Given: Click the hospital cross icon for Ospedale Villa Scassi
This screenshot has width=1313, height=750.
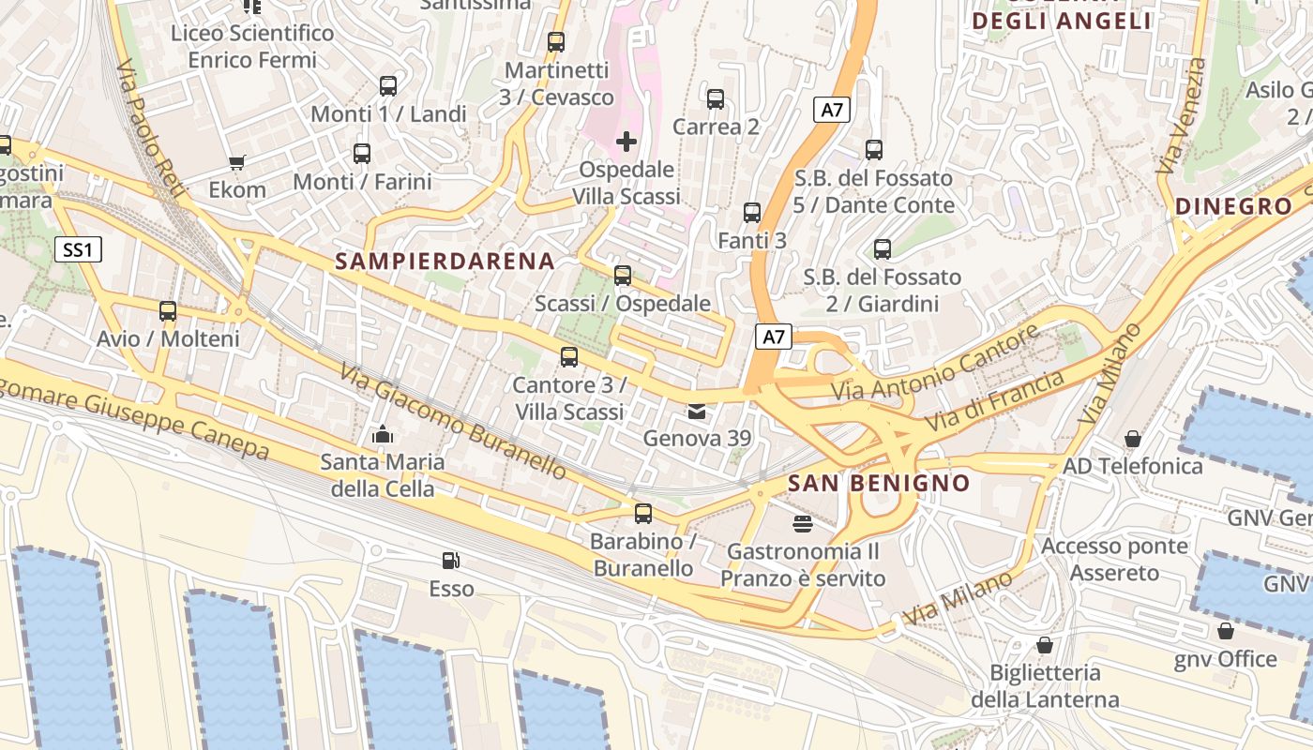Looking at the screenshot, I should pos(626,142).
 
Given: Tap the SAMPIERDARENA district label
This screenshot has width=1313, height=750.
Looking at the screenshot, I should pos(445,262).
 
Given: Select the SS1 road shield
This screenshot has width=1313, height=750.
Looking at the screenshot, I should pos(77,249).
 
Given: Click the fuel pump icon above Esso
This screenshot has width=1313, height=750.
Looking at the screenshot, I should pos(451,561).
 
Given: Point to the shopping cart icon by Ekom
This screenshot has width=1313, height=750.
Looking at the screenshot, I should pos(237,162).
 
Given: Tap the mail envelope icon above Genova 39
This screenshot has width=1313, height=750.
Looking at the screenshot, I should pos(697,411).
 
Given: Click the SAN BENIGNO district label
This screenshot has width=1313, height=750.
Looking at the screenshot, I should pos(879,484).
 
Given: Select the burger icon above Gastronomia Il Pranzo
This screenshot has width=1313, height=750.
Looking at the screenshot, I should pos(802,523).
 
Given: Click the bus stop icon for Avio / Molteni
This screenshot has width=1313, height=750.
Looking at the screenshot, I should pos(168,311).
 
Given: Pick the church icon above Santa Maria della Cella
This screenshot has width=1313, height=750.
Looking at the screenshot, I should pos(382,434).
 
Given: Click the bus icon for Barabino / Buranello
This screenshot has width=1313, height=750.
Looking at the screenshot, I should pos(642,514).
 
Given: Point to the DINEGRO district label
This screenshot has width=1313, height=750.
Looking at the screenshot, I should pos(1233,207).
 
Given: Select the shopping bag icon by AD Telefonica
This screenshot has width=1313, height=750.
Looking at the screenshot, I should pos(1133,439).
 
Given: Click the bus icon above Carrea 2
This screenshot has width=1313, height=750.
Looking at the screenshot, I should pos(716,98).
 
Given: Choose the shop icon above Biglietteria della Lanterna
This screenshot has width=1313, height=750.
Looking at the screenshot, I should pos(1044,645).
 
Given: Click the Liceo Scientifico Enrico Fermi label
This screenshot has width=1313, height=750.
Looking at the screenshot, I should pos(251,47).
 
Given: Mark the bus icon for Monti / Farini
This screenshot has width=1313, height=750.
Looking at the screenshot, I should pos(362,154).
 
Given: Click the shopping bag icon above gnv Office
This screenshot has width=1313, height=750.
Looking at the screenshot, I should pos(1225,631).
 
